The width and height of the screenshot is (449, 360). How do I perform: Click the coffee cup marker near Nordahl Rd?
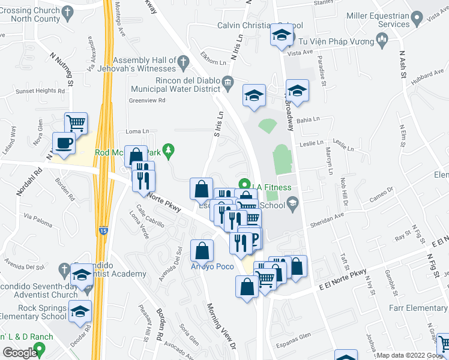tap(64, 143)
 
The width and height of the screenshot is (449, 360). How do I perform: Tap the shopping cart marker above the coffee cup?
tap(76, 124)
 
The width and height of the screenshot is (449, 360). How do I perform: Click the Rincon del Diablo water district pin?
tap(228, 82)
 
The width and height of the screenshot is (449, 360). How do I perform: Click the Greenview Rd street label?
tap(147, 101)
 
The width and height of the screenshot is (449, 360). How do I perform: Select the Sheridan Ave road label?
tap(327, 219)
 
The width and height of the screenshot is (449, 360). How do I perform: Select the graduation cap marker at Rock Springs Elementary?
tap(80, 312)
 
